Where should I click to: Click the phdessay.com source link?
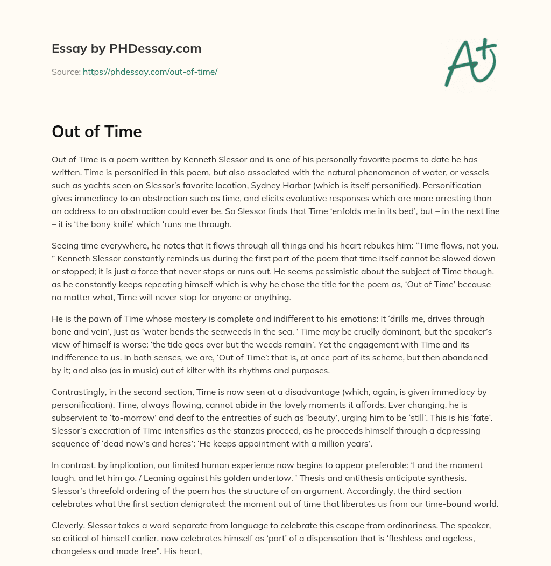(x=150, y=72)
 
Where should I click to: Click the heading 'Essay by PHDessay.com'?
(x=126, y=48)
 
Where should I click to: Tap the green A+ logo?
(x=470, y=62)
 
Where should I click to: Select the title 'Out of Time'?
(x=97, y=131)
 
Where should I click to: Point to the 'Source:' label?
(x=66, y=72)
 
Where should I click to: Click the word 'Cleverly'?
(x=68, y=526)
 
